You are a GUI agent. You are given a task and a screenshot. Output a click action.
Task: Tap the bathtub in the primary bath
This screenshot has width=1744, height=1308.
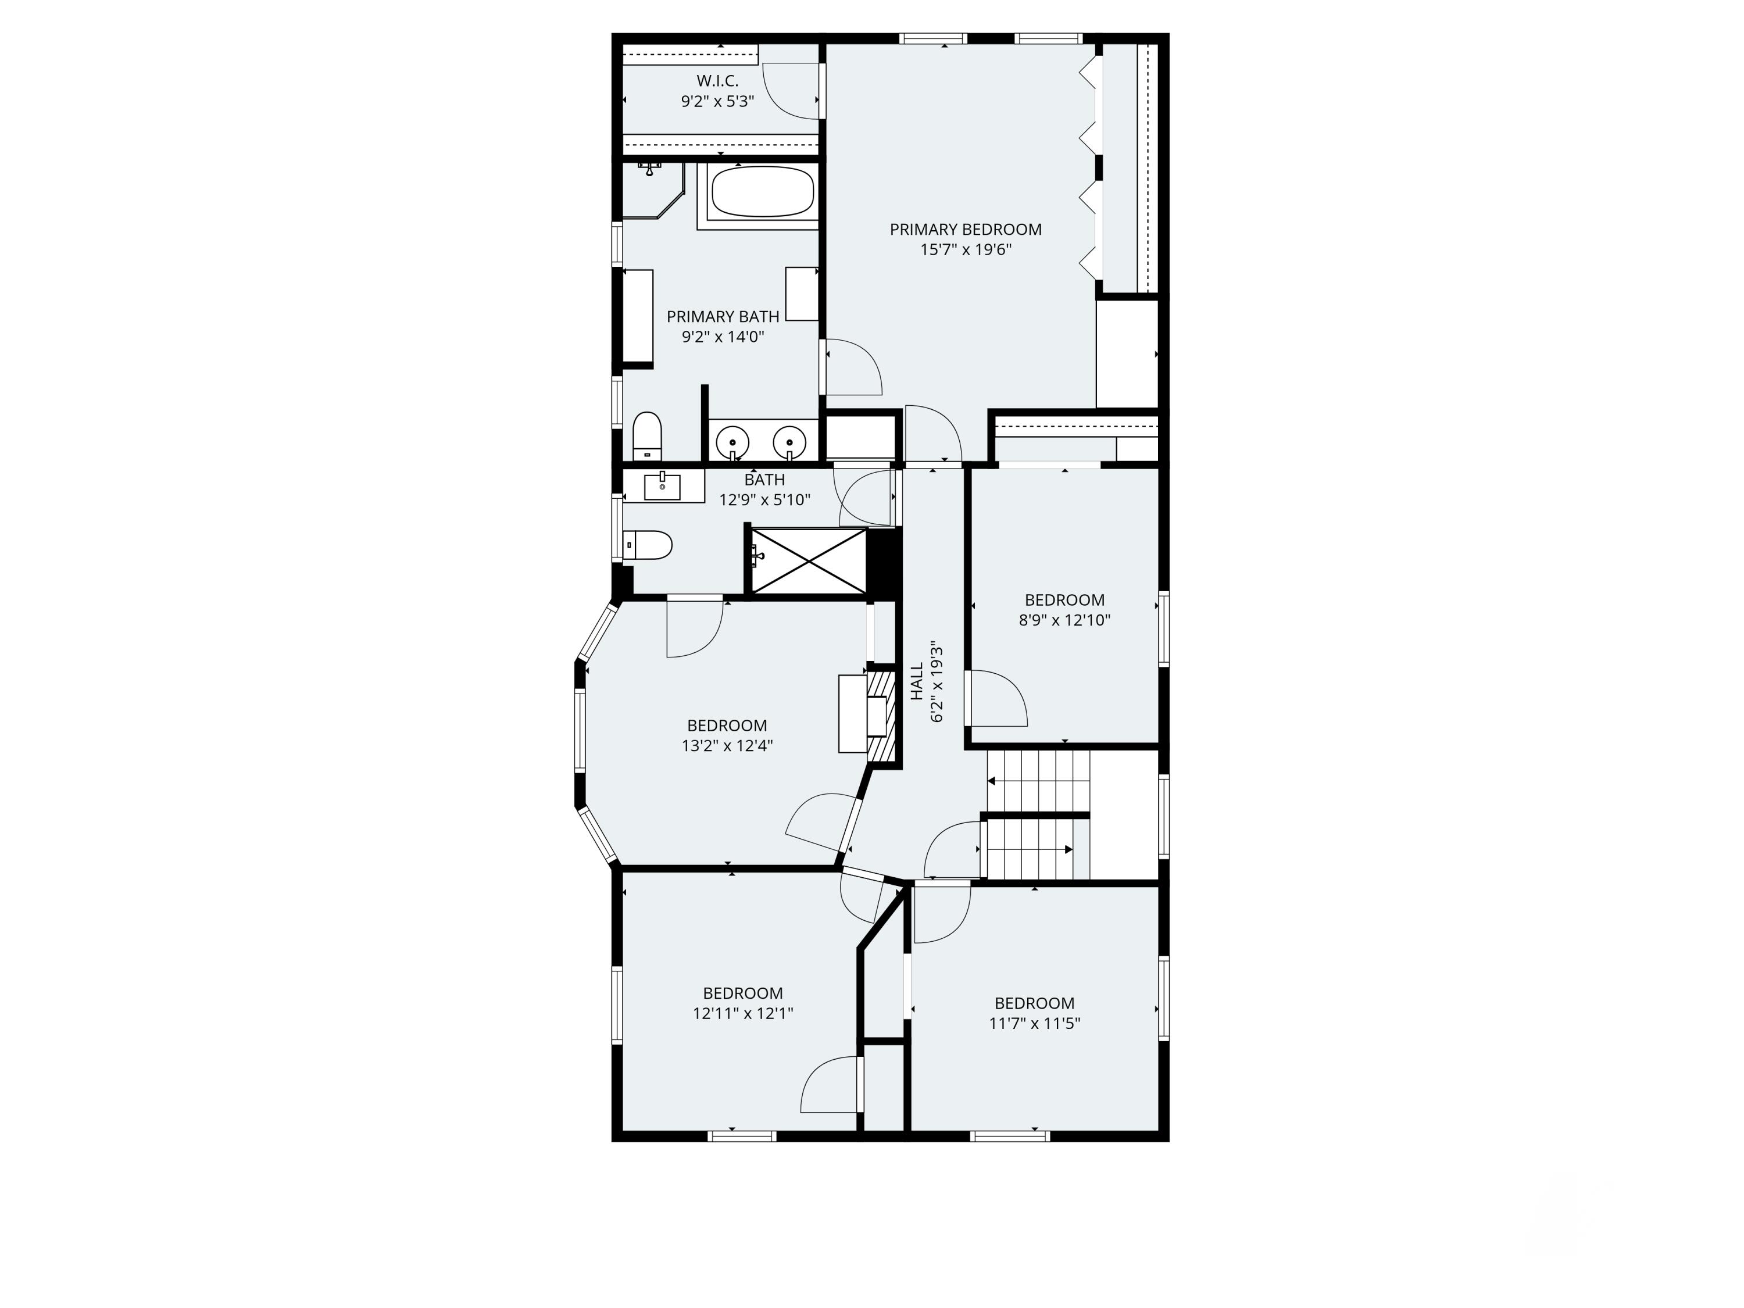(x=762, y=192)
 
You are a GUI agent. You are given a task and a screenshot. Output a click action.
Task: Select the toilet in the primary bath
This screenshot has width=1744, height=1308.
(x=647, y=436)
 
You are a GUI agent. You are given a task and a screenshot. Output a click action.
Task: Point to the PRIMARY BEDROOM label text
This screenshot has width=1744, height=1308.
(x=965, y=230)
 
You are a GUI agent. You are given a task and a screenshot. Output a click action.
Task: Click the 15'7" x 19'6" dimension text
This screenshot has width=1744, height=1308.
(x=965, y=250)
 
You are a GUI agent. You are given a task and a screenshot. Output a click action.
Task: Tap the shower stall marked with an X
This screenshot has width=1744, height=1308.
(x=808, y=560)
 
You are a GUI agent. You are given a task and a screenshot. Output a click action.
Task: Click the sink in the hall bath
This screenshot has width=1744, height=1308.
(x=662, y=487)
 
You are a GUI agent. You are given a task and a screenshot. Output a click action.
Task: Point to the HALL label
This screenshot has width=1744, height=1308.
(x=917, y=681)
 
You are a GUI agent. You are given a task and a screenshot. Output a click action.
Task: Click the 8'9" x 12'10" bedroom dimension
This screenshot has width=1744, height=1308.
(x=1064, y=620)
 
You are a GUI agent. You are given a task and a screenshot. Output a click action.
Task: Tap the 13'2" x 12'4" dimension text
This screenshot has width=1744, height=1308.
(x=727, y=746)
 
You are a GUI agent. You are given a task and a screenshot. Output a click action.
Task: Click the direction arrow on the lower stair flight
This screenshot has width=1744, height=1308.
(x=1067, y=849)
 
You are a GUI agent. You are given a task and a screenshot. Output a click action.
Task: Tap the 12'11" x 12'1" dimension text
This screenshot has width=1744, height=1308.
(x=743, y=1014)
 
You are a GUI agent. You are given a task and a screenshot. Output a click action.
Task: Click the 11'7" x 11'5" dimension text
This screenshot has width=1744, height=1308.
(x=1034, y=1023)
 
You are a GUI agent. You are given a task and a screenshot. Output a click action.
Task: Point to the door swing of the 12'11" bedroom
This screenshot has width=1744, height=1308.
(x=828, y=1087)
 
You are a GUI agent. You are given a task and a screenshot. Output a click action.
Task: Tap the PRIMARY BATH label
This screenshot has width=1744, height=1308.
(x=722, y=317)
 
